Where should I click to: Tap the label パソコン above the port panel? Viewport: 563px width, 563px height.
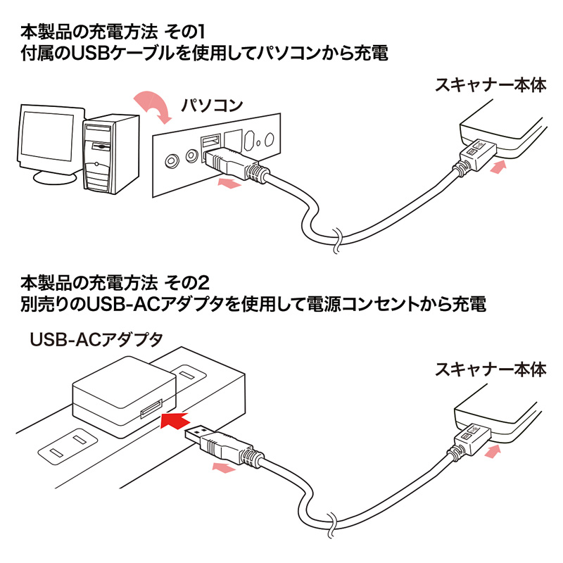(213, 106)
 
